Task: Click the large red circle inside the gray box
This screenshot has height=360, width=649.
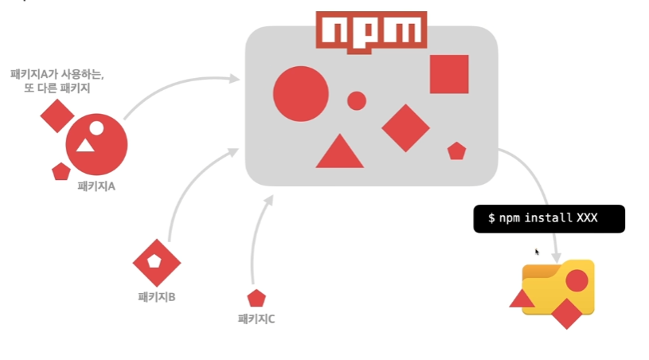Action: pos(300,93)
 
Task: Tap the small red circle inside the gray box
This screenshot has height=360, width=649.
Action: pos(357,100)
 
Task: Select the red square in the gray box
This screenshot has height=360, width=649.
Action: pos(449,74)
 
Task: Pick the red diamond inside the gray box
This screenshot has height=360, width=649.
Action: pos(405,127)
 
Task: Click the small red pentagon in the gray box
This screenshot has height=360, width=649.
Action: pos(456,151)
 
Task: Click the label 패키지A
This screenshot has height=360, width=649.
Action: pos(96,186)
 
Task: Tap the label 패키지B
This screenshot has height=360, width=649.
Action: pos(156,297)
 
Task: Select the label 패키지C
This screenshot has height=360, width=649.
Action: pos(256,319)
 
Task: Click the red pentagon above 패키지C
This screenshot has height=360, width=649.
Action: pos(256,299)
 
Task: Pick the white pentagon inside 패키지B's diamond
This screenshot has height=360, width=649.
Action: pos(155,260)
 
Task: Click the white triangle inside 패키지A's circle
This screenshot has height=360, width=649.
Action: pos(85,145)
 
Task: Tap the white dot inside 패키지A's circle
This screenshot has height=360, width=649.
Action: pos(96,127)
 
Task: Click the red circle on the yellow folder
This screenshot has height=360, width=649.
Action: pos(577,280)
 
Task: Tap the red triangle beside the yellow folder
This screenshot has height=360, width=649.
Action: pos(522,299)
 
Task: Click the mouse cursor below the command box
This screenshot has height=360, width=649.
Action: pos(538,252)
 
